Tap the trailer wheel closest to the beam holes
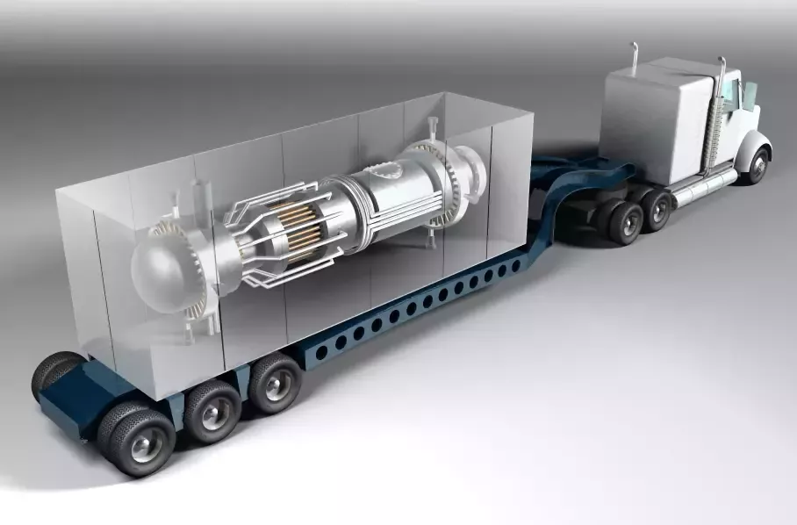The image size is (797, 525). (x=274, y=381)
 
